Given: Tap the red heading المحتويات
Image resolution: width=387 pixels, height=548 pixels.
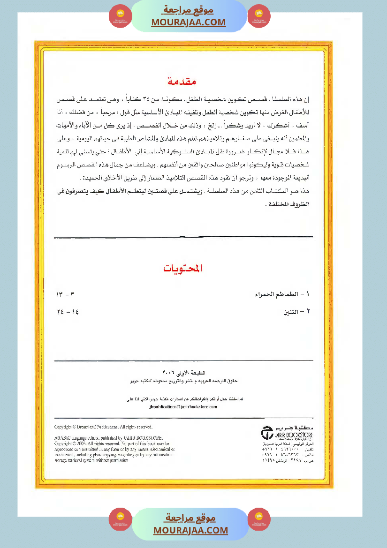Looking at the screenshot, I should coord(183,269).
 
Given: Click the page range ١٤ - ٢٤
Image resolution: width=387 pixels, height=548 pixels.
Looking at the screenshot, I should coord(67,312).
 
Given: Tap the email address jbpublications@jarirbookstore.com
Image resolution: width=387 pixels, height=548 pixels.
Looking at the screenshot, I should coord(183,407).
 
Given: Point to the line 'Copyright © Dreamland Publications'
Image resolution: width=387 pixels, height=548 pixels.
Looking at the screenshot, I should coord(104,427).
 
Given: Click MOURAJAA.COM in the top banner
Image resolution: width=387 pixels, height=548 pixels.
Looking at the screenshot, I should coord(189,22).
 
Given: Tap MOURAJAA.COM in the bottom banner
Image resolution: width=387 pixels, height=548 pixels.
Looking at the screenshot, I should coord(190,531).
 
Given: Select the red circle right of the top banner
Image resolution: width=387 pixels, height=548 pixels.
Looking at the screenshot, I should coord(258,15).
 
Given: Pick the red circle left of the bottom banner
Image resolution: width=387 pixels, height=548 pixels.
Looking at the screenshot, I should coord(120,518).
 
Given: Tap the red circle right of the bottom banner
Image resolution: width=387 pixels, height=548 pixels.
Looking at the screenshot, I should coord(259,518).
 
